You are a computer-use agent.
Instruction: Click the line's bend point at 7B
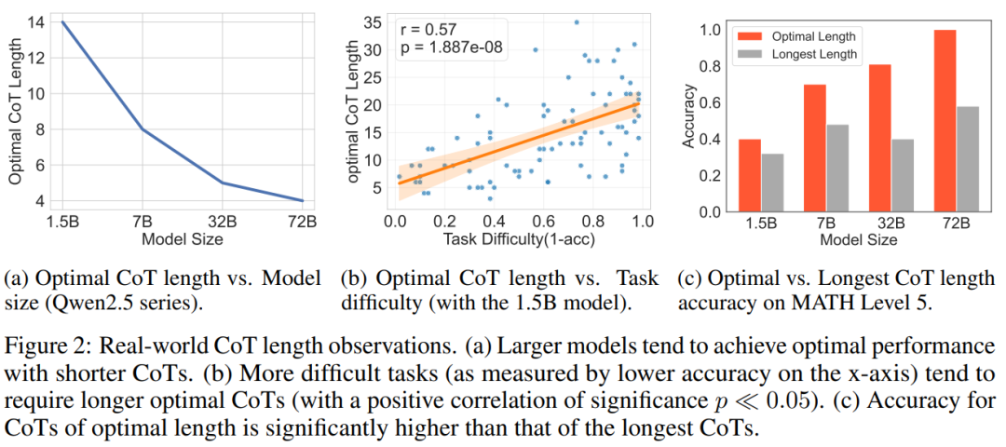pyautogui.click(x=143, y=129)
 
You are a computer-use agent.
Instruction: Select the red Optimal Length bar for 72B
pyautogui.click(x=944, y=121)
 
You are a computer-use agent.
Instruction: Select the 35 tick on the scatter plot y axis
pyautogui.click(x=373, y=21)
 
